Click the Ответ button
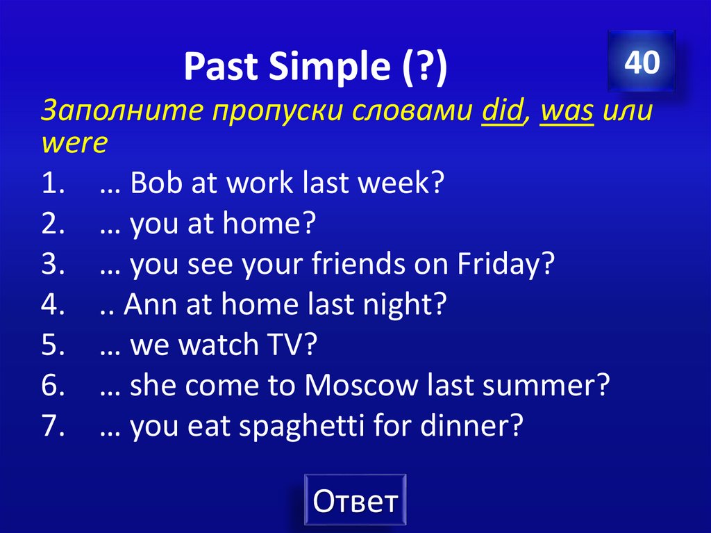click(x=355, y=500)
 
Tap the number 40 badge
click(x=641, y=62)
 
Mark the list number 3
click(x=52, y=265)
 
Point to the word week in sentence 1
click(x=404, y=185)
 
